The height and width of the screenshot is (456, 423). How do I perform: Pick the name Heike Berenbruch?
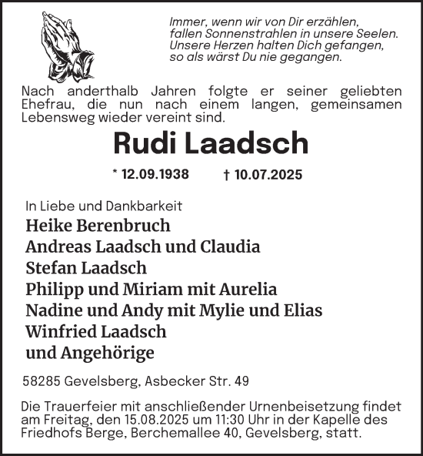98,226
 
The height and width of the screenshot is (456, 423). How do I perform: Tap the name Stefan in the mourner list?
51,268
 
